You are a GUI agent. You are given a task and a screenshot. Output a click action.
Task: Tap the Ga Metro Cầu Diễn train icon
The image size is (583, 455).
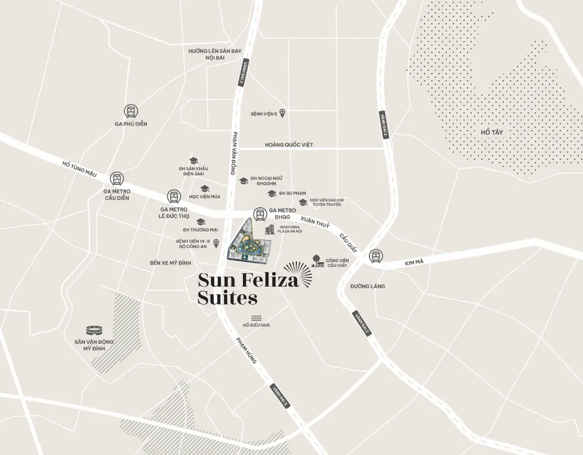point(117,179)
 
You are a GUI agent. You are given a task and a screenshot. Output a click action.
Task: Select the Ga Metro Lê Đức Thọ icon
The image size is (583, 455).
point(173,197)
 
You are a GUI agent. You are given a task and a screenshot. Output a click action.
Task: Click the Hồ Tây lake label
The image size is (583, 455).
point(491,132)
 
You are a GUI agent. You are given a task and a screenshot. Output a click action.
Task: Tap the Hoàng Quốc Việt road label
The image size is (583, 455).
point(289,145)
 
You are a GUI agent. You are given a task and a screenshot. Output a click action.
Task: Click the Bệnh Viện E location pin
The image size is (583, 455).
point(282,114)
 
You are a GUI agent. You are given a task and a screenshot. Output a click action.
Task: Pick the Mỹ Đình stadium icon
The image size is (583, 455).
point(94,331)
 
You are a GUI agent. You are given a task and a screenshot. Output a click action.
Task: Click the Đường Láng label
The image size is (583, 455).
point(368,286)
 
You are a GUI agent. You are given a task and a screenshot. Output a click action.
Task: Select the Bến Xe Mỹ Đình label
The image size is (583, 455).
point(171,263)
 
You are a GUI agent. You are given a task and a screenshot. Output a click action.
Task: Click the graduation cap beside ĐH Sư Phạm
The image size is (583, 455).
point(272,194)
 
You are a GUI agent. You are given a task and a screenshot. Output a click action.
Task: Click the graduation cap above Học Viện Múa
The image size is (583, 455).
point(205,188)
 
